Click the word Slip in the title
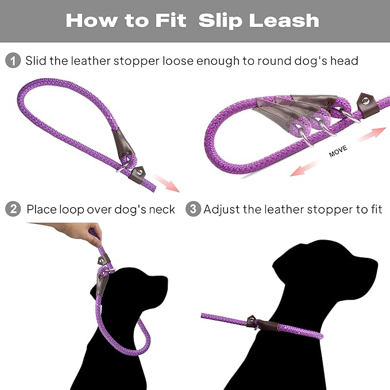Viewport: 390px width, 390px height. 221,21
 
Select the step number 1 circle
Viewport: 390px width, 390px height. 13,60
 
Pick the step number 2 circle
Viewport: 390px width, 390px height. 13,209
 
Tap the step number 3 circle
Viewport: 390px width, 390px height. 193,209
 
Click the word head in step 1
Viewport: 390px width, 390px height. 343,60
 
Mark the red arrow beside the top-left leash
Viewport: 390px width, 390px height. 168,183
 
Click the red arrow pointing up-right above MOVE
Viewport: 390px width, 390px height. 371,134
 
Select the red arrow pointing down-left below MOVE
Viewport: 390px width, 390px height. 304,168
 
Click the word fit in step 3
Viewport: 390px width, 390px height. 373,209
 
